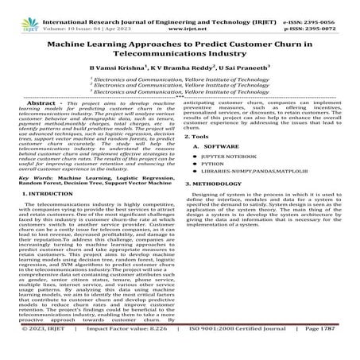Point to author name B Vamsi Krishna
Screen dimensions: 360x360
[x=119, y=72]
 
